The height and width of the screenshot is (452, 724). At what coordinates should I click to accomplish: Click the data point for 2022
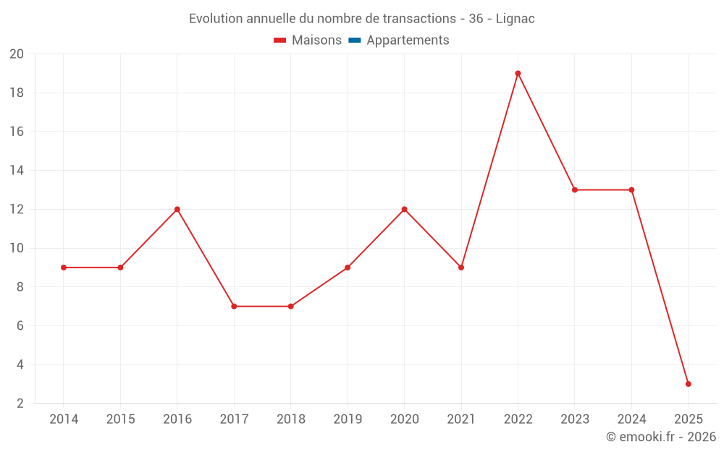[518, 73]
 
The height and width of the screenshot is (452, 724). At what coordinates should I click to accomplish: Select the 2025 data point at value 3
[688, 384]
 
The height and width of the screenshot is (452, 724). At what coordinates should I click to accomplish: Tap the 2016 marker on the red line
[177, 209]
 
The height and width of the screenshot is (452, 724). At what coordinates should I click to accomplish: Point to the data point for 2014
[64, 268]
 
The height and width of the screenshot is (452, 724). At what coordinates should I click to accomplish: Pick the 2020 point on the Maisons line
[404, 209]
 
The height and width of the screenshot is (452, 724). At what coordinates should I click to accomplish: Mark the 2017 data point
[234, 307]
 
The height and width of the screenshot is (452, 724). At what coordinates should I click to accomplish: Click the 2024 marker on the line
[631, 190]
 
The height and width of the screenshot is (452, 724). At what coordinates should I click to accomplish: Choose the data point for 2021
[461, 268]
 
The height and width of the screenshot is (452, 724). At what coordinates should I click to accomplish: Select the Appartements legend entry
[408, 40]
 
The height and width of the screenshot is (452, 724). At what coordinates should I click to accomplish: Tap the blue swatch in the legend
[354, 40]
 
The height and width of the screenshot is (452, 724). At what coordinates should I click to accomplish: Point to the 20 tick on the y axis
[17, 54]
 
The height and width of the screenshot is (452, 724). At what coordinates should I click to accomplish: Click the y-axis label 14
[17, 171]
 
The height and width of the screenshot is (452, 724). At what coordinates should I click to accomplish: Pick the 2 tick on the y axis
[20, 404]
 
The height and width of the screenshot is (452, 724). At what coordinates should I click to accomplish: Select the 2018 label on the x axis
[290, 419]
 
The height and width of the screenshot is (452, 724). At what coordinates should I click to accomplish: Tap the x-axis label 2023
[575, 419]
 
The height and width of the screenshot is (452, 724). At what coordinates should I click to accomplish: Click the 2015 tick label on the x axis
[120, 419]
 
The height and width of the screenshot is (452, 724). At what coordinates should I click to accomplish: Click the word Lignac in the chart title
[515, 19]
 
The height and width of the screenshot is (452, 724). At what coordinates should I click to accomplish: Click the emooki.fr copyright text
[661, 437]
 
